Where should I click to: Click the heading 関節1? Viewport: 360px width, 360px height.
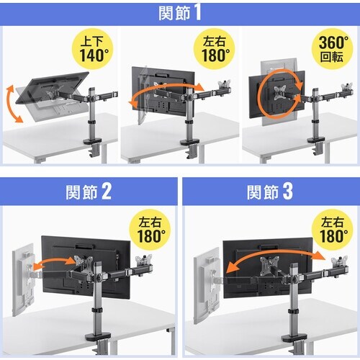click(x=180, y=13)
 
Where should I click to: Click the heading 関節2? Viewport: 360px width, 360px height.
click(x=86, y=192)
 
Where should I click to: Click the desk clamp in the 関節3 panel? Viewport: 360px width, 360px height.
click(x=292, y=339)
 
